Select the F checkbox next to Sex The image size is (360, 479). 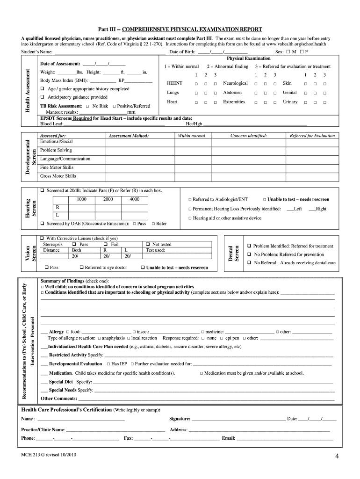tap(302, 52)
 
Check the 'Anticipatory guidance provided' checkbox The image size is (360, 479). tap(42, 97)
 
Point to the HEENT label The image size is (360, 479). tap(174, 83)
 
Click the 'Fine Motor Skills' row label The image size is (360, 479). tap(57, 167)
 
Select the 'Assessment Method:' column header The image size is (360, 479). tap(129, 136)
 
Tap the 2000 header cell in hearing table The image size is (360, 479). tap(108, 199)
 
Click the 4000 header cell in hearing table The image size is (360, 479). tap(135, 199)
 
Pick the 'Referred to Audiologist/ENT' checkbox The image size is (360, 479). tap(190, 199)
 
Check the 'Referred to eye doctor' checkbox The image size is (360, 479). tap(81, 268)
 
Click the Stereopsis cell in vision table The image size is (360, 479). tap(52, 244)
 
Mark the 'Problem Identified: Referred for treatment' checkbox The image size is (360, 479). tap(250, 246)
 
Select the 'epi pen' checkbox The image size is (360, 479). tap(222, 338)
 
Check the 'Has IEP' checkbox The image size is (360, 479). tap(108, 364)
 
